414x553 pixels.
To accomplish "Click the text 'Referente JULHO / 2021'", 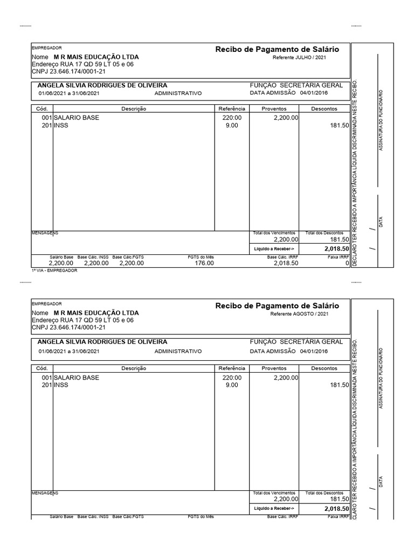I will pos(299,57).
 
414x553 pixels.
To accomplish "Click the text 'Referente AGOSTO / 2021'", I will pos(299,314).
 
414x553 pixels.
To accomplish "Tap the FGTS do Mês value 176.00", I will pos(204,263).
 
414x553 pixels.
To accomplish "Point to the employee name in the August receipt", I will pos(102,342).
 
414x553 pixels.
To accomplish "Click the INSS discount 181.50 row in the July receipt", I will pos(339,125).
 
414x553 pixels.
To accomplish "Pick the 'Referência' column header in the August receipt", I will pos(232,368).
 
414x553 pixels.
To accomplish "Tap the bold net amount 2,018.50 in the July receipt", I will pos(337,249).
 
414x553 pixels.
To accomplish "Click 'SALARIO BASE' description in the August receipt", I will pos(76,377).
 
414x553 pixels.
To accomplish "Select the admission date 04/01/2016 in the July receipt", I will pos(314,93).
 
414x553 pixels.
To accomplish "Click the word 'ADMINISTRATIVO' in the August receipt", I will pos(178,351).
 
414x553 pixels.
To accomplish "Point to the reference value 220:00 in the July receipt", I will pos(233,117).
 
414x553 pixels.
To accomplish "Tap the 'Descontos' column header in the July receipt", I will pos(325,109).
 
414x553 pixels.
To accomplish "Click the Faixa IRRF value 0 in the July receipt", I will pos(347,263).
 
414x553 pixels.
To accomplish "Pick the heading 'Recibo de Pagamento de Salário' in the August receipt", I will pos(277,306).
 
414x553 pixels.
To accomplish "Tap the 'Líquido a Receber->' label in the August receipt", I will pos(274,508).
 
